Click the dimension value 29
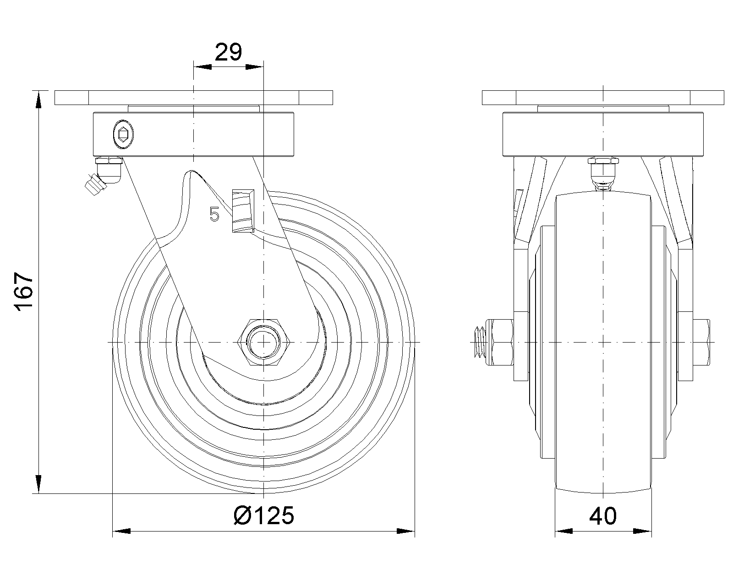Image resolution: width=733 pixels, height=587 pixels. click(x=228, y=52)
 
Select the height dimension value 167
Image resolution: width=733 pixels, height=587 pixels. click(x=24, y=292)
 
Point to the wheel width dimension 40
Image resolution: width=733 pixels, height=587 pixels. click(x=603, y=516)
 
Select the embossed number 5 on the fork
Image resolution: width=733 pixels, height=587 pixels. click(x=214, y=214)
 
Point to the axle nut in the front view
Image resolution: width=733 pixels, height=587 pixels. click(x=501, y=342)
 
